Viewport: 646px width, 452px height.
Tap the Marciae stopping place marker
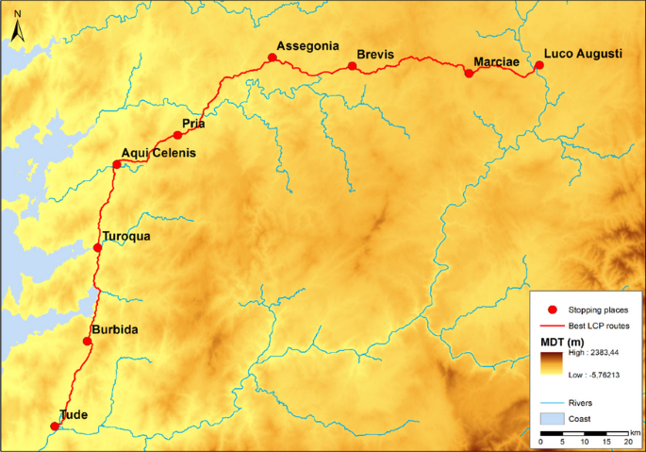pyautogui.click(x=469, y=73)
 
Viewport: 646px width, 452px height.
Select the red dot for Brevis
pyautogui.click(x=352, y=66)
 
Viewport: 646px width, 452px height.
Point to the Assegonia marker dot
pyautogui.click(x=272, y=58)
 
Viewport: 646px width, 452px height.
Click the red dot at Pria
pyautogui.click(x=177, y=135)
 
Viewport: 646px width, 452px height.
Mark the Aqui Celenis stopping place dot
pyautogui.click(x=117, y=165)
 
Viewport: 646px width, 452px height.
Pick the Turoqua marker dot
pyautogui.click(x=97, y=248)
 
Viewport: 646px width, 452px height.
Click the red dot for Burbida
pyautogui.click(x=88, y=341)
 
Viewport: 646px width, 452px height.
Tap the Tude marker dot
pyautogui.click(x=54, y=427)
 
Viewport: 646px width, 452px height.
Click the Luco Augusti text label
pyautogui.click(x=583, y=56)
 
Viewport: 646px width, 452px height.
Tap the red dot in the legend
pyautogui.click(x=553, y=309)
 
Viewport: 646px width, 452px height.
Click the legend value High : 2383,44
pyautogui.click(x=598, y=351)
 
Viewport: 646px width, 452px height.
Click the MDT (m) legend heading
pyautogui.click(x=564, y=340)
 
